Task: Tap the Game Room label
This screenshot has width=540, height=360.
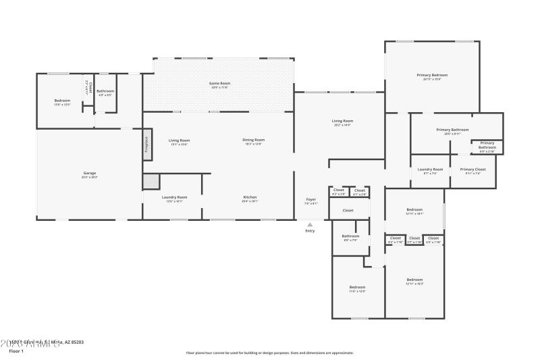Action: (x=219, y=83)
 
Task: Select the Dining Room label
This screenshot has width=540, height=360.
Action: (x=254, y=140)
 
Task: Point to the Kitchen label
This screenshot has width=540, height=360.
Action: (x=250, y=197)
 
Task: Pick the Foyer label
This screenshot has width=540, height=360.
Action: (x=311, y=199)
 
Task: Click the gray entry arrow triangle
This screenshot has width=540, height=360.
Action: (x=310, y=224)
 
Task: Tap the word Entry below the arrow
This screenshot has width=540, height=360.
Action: (x=310, y=231)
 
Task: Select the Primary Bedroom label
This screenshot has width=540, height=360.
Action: (x=432, y=75)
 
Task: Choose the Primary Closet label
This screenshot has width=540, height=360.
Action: (x=473, y=169)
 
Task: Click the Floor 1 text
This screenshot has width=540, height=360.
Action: (x=16, y=351)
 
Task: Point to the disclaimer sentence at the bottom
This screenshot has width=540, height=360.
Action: (x=269, y=353)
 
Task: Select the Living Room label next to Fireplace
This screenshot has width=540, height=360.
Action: (x=179, y=140)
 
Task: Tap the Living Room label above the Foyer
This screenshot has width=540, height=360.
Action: (x=344, y=121)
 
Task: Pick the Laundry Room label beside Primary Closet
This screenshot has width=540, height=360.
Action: (x=430, y=169)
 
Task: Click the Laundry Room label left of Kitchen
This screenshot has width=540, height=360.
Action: (x=174, y=197)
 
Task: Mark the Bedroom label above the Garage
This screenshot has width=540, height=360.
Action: (x=62, y=100)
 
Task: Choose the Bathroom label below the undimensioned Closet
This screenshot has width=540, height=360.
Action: (x=351, y=236)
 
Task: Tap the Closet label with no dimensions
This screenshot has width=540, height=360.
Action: (x=348, y=211)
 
